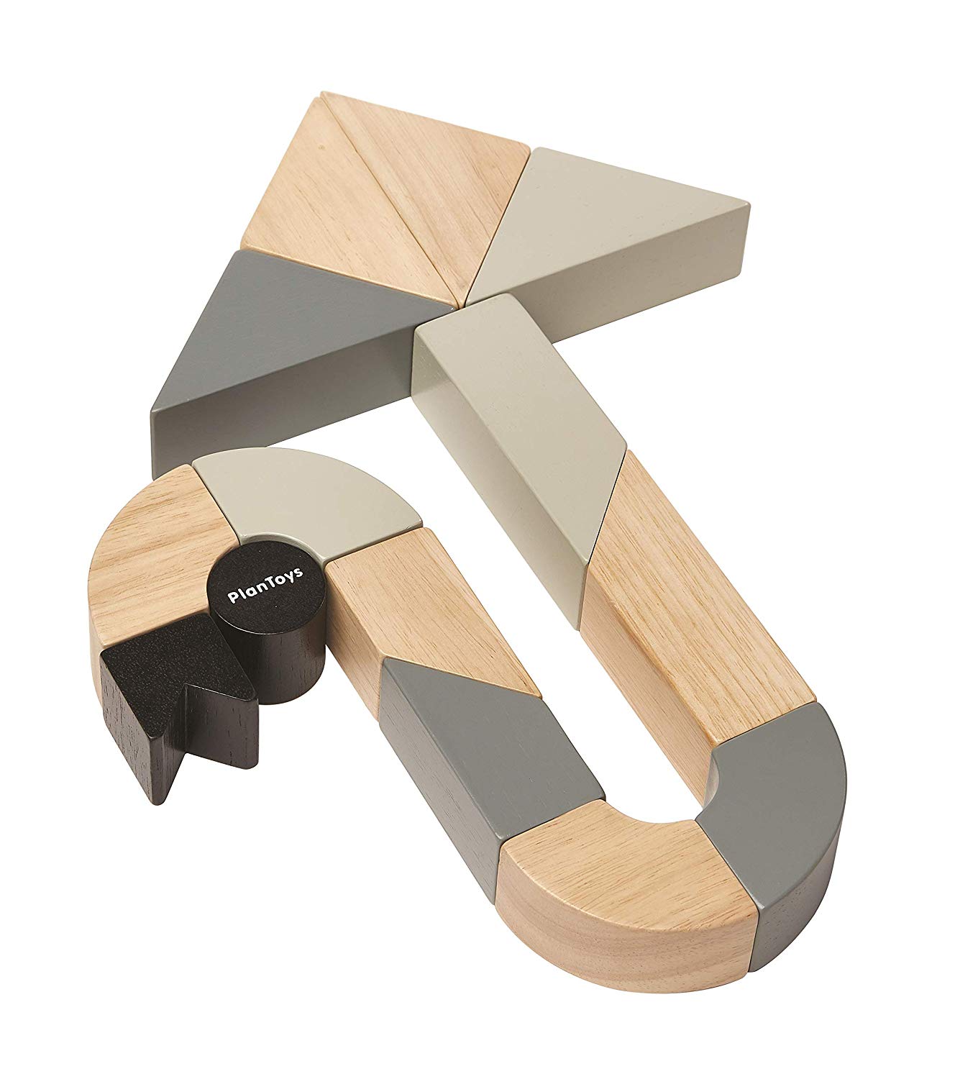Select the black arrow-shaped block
click(x=178, y=705)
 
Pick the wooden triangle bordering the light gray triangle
click(x=425, y=178)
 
